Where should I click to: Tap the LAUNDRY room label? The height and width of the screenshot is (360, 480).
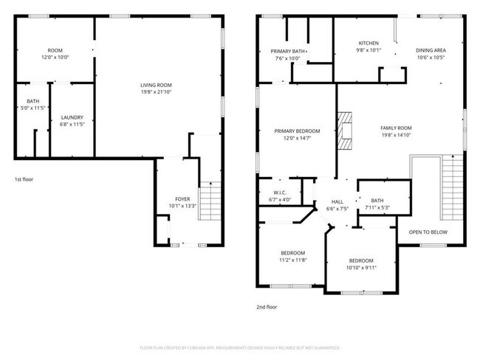click(x=72, y=117)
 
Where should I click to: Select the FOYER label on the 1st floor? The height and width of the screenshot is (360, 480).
click(x=182, y=199)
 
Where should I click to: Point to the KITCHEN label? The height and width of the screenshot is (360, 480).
click(x=368, y=44)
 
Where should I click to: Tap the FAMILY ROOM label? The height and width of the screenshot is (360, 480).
click(x=396, y=128)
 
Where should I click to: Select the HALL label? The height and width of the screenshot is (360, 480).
click(x=337, y=201)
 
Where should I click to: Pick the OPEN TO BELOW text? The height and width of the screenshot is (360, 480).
click(x=428, y=232)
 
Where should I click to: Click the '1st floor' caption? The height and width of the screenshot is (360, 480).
click(x=24, y=179)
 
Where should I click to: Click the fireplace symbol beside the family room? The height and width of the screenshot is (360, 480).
click(x=345, y=126)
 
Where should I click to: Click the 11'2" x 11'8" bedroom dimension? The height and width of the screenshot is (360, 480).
click(x=292, y=260)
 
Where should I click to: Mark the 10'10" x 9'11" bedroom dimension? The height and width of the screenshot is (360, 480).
click(x=360, y=268)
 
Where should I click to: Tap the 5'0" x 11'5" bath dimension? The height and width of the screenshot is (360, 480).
click(x=32, y=108)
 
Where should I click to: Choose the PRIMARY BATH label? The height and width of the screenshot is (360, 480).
click(x=284, y=51)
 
